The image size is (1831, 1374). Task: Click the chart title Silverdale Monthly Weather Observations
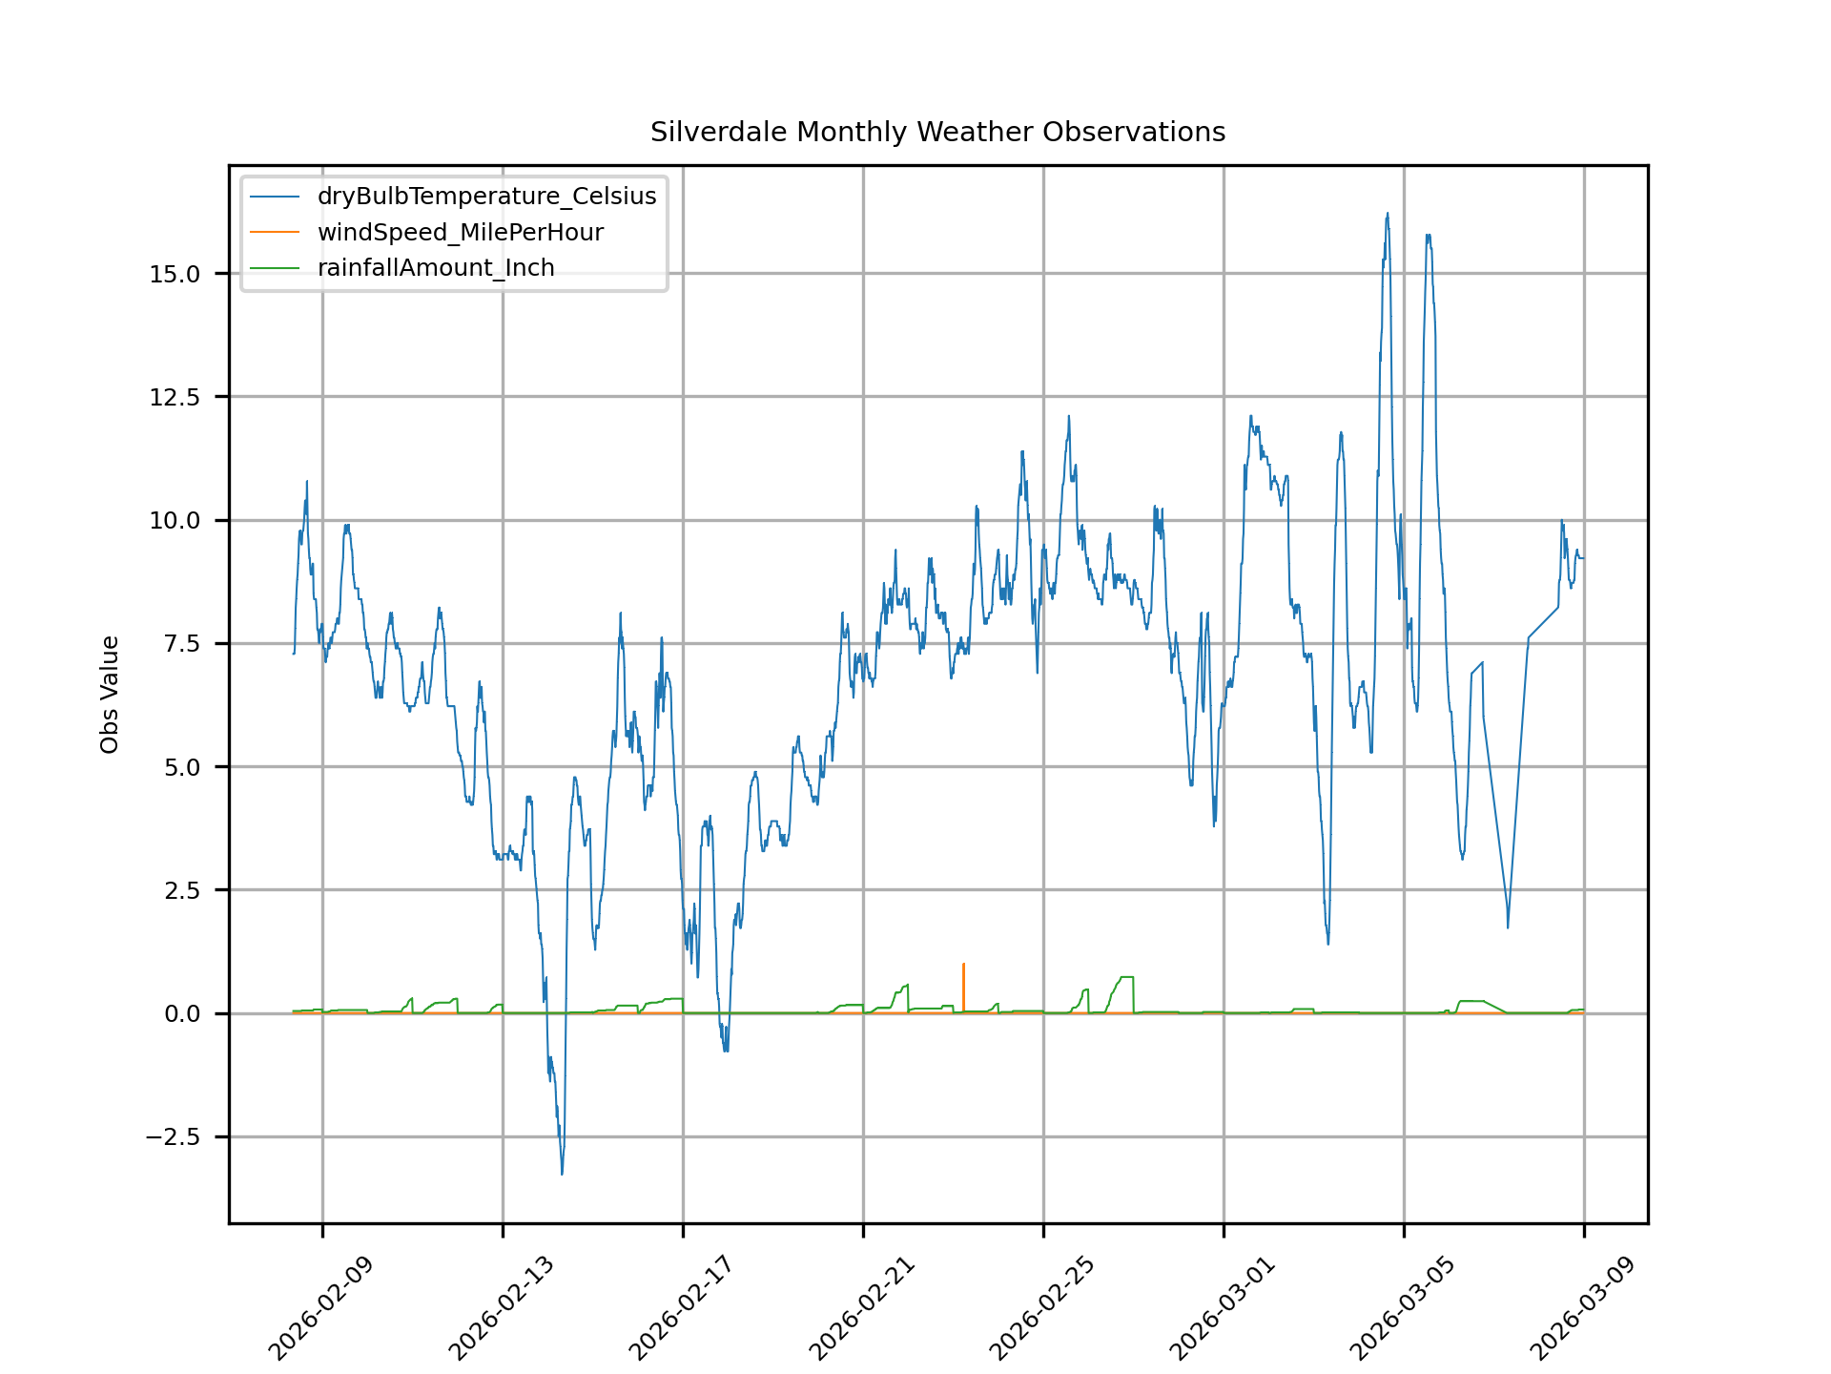click(x=937, y=132)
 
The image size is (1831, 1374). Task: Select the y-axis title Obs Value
click(x=110, y=695)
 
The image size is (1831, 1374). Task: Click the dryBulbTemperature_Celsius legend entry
click(x=486, y=197)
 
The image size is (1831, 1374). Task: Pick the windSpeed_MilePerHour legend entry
click(x=460, y=233)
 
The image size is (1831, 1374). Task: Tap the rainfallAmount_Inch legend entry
click(x=436, y=268)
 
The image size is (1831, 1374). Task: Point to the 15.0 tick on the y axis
click(x=175, y=274)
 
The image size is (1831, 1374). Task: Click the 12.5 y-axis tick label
click(x=175, y=397)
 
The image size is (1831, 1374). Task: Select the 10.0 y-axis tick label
click(x=175, y=520)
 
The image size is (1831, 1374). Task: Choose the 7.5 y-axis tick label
click(x=181, y=644)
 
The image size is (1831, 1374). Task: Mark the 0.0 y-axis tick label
click(x=181, y=1013)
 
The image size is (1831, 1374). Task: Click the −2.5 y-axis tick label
click(x=173, y=1137)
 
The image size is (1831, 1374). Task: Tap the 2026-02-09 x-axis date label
click(x=320, y=1309)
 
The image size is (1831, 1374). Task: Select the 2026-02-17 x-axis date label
click(x=681, y=1309)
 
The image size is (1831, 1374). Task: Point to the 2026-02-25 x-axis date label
click(x=1041, y=1309)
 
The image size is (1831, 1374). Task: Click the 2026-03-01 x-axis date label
click(x=1222, y=1309)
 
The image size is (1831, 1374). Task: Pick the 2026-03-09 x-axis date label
click(x=1582, y=1309)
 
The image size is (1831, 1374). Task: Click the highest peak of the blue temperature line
click(x=1388, y=215)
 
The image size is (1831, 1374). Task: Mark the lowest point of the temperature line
click(x=562, y=1173)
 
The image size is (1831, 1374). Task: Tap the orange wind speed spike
click(x=963, y=966)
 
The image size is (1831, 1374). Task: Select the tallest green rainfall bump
click(x=1126, y=978)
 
